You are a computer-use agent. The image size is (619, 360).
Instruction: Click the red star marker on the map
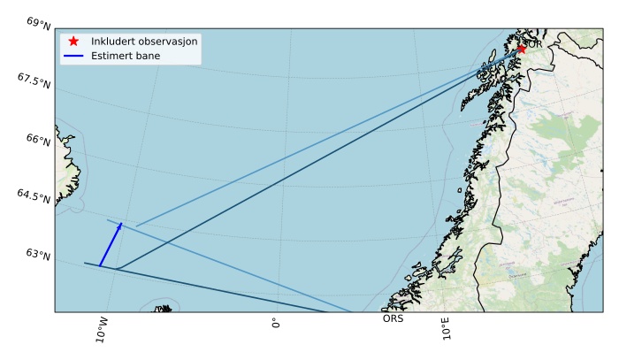pos(522,49)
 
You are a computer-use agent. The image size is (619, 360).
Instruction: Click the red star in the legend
pos(73,42)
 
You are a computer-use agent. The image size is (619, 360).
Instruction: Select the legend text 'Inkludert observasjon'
pos(144,42)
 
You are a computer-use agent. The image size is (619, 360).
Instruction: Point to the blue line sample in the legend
pos(73,56)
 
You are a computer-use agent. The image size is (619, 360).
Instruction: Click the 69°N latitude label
pos(39,22)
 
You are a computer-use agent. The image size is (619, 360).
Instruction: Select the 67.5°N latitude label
pos(34,80)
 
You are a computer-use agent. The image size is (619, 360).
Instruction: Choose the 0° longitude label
pos(276,323)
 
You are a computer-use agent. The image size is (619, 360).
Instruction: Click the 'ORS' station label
pos(393,318)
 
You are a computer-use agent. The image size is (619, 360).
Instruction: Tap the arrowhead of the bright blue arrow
pos(121,224)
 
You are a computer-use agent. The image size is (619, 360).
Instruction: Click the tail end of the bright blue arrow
pos(100,265)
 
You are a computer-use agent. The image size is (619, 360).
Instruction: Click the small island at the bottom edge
pos(164,309)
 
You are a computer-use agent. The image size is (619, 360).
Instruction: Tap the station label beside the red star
pos(533,42)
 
